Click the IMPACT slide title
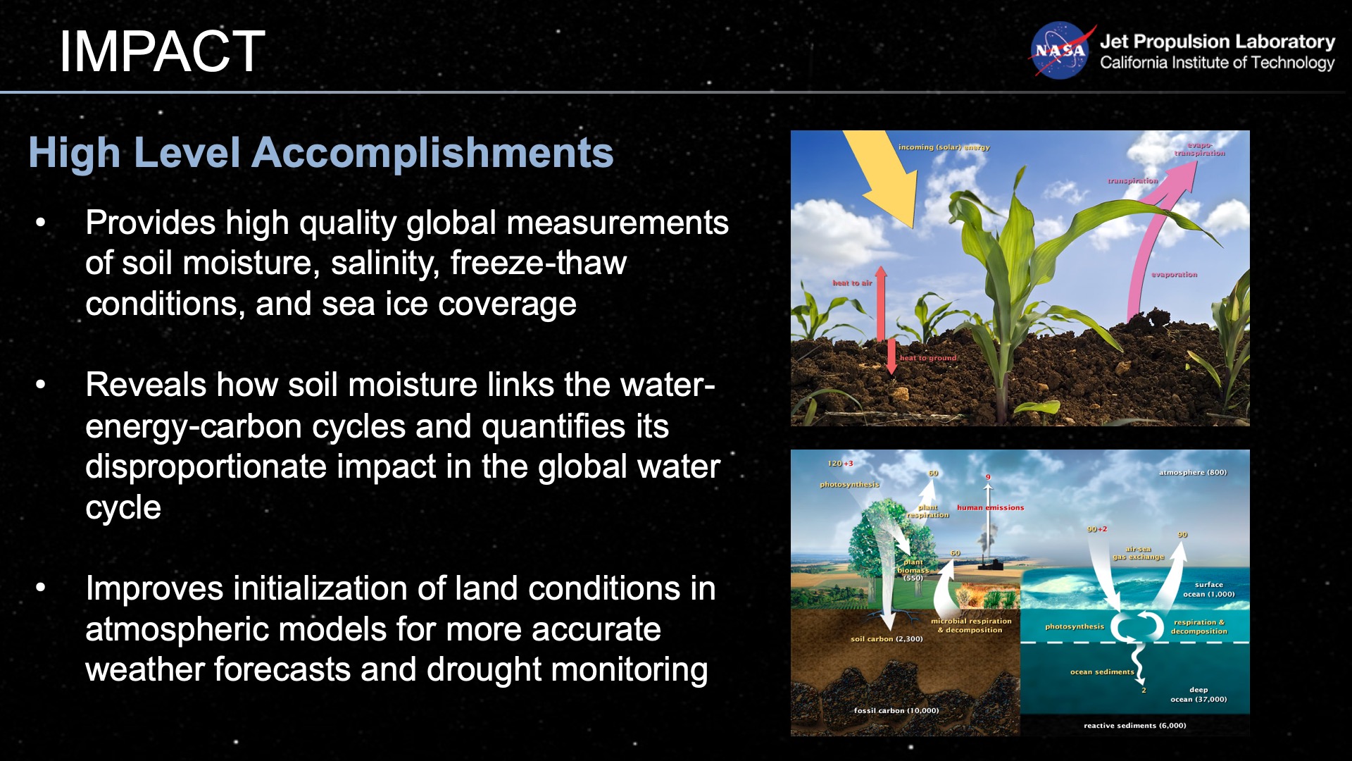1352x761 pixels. click(x=162, y=51)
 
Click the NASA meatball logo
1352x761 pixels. click(x=1059, y=51)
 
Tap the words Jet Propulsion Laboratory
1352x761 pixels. click(x=1217, y=42)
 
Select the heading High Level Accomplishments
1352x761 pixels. click(x=320, y=152)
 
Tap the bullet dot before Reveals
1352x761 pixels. click(x=41, y=385)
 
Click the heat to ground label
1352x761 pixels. click(x=927, y=358)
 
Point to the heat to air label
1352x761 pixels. click(x=852, y=283)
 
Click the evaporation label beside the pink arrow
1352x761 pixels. click(x=1174, y=275)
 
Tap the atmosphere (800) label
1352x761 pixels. click(x=1193, y=473)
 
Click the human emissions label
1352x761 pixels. click(x=990, y=507)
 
